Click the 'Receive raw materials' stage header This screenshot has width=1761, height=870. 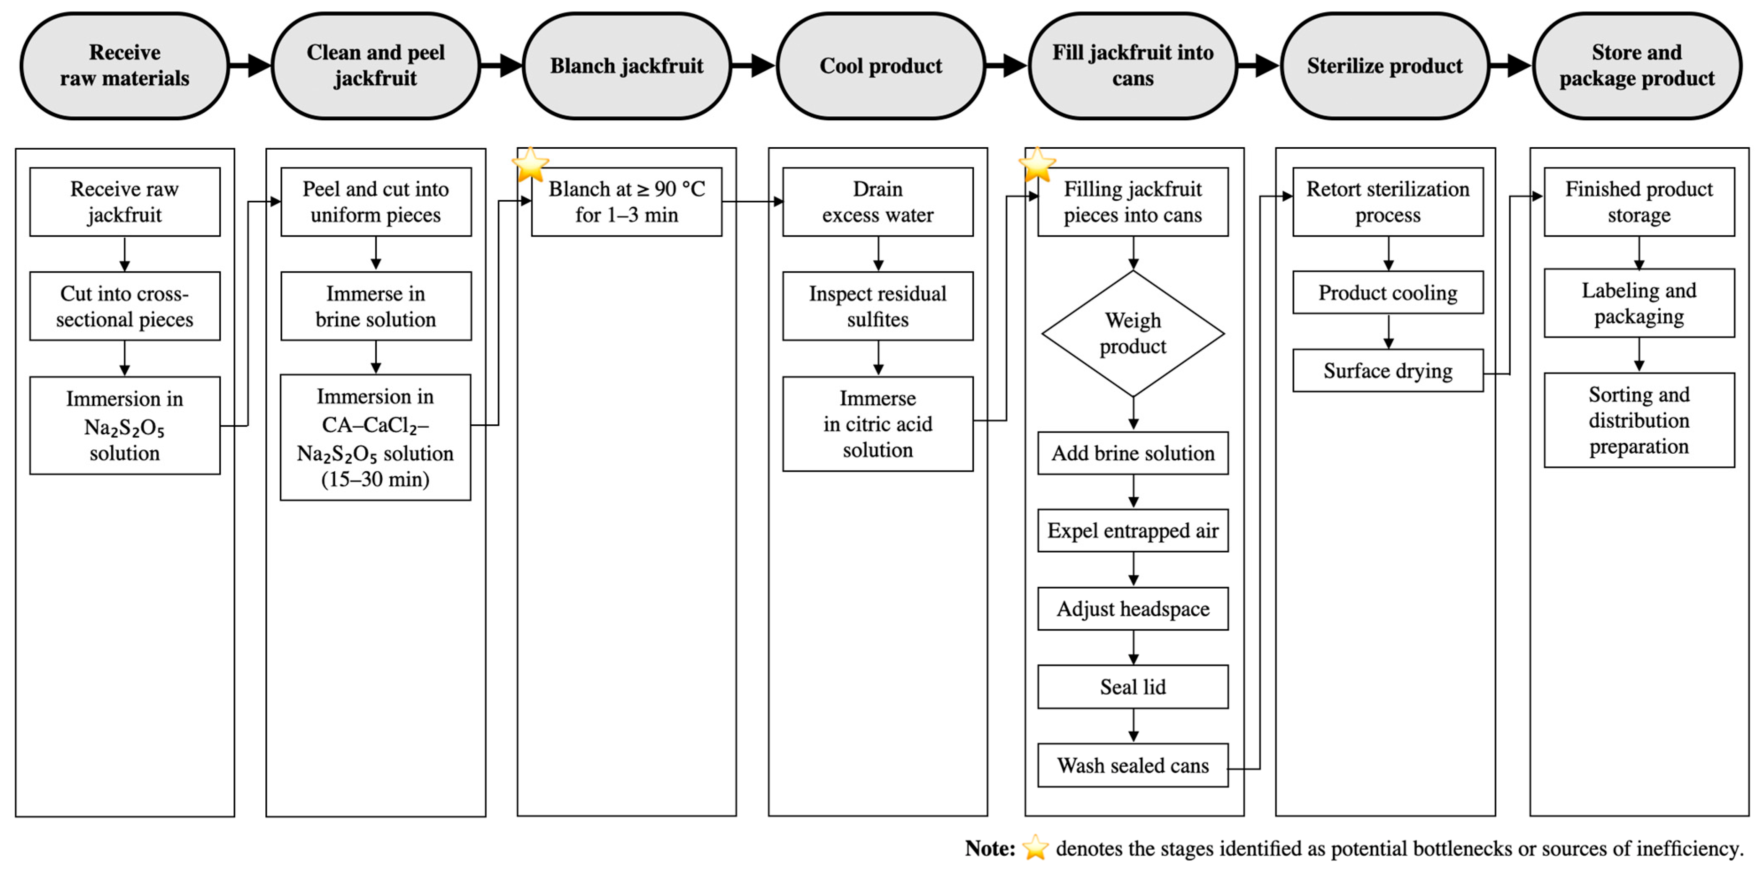[x=124, y=66]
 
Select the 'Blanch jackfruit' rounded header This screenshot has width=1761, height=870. [x=627, y=66]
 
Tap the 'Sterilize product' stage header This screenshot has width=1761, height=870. [x=1385, y=66]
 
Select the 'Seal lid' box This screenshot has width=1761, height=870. [x=1133, y=687]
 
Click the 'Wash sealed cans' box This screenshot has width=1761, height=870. [x=1133, y=765]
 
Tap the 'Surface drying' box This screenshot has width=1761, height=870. [x=1388, y=371]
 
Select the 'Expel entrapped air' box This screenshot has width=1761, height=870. [x=1133, y=531]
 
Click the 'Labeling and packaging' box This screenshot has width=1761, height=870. [x=1639, y=303]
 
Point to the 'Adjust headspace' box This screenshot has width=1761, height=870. [x=1133, y=609]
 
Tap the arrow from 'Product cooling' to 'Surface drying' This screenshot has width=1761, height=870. [x=1388, y=332]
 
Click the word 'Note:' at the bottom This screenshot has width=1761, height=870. [x=990, y=848]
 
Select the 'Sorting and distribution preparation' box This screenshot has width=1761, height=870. [x=1639, y=420]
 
